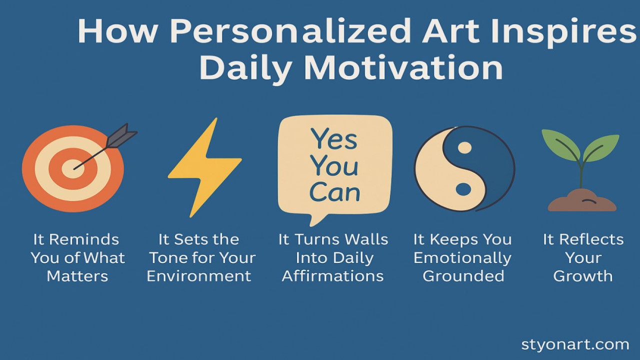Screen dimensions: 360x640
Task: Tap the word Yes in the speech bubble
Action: coord(334,139)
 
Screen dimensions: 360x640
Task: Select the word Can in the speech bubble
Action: coord(334,192)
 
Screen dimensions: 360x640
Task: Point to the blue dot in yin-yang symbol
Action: coord(463,189)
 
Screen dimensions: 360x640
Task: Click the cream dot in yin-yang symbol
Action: coord(464,148)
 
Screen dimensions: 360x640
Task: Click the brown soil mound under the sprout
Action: coord(582,202)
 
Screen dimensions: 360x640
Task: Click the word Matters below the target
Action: coord(77,276)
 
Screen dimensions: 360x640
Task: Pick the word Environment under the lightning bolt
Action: coord(199,276)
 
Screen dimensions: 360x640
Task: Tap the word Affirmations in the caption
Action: coord(333,276)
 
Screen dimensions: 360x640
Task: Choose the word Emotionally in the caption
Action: coord(462,258)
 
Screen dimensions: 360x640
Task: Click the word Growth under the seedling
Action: coord(583,276)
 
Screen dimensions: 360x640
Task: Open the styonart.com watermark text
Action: coord(575,344)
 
